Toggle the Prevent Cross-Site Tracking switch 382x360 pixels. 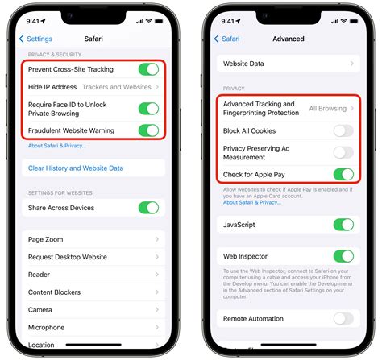click(x=148, y=70)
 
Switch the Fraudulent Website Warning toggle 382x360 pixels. click(x=148, y=130)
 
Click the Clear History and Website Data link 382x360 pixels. click(x=76, y=168)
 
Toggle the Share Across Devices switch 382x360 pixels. click(x=148, y=207)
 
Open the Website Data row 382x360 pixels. click(x=287, y=62)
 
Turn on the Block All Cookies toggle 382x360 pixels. click(x=343, y=130)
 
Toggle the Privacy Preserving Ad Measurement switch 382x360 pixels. click(x=343, y=152)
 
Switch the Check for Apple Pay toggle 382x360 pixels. click(x=343, y=174)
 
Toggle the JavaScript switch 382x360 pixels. click(x=343, y=225)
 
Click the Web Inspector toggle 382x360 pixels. click(x=343, y=257)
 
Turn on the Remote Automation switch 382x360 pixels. click(x=343, y=319)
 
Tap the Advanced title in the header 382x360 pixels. click(x=289, y=38)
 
